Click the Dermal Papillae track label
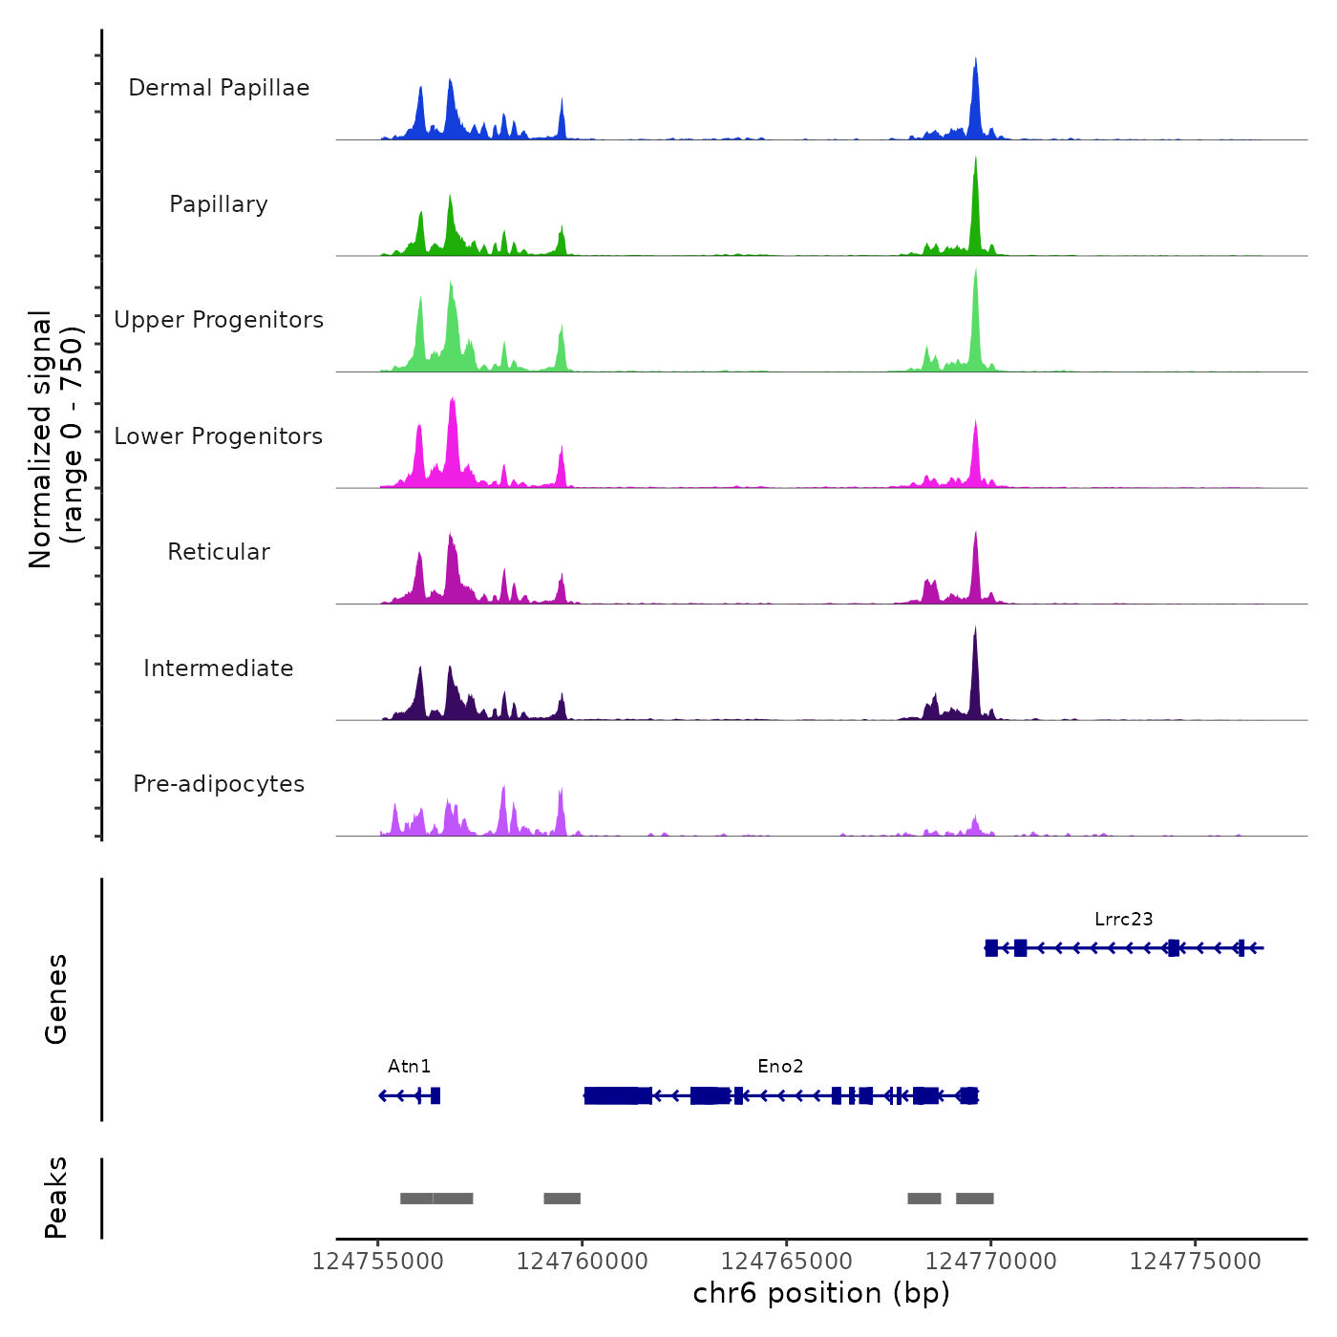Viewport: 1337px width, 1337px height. (x=219, y=88)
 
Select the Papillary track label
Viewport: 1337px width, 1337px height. (x=219, y=204)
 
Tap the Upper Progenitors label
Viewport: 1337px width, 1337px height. (x=219, y=320)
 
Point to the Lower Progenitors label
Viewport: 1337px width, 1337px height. (x=219, y=436)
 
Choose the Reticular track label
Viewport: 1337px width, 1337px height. (x=219, y=552)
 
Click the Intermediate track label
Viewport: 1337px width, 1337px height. (x=219, y=668)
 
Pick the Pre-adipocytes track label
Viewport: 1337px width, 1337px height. (x=219, y=784)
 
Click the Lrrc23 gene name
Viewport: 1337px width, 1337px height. (x=1123, y=920)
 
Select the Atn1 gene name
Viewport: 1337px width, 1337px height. (x=409, y=1067)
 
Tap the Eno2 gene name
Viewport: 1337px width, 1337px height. (x=780, y=1067)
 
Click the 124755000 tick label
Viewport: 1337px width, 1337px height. (x=378, y=1262)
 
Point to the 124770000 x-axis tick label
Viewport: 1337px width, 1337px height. (x=990, y=1262)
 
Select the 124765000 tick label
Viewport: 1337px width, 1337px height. (x=787, y=1262)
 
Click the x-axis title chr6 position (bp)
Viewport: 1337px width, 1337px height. (x=821, y=1293)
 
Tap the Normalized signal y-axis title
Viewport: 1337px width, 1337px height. (x=55, y=438)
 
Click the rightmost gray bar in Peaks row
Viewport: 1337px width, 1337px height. (x=974, y=1199)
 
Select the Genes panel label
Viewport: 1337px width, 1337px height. (x=56, y=999)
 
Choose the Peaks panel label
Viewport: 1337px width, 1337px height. (x=56, y=1198)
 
